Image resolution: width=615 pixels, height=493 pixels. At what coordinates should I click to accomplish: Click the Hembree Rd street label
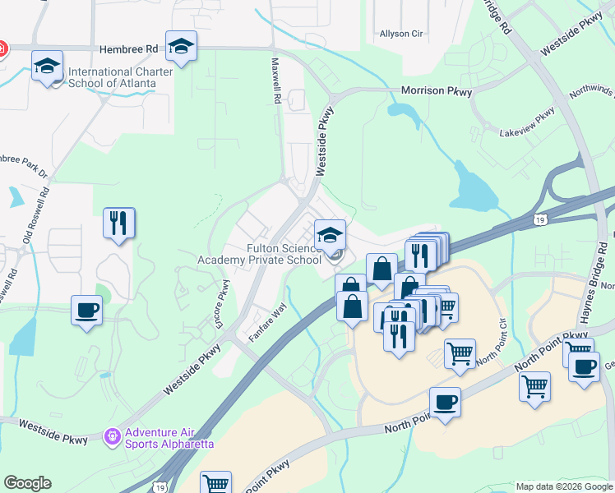[127, 49]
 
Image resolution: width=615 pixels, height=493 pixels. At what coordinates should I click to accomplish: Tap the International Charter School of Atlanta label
[120, 77]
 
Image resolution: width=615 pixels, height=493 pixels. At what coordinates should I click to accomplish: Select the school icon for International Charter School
[48, 66]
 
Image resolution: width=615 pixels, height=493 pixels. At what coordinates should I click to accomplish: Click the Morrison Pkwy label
[436, 91]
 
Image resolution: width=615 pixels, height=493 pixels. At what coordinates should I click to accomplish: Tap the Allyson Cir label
[400, 35]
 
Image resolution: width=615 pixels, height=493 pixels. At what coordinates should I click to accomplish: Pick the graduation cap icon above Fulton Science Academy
[330, 235]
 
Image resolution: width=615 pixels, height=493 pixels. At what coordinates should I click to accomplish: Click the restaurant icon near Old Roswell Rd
[118, 223]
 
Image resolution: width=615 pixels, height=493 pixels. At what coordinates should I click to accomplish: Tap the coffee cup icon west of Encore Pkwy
[86, 311]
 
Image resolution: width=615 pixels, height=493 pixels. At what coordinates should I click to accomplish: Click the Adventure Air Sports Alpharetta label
[169, 438]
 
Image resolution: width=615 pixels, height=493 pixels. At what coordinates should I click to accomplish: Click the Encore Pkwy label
[220, 305]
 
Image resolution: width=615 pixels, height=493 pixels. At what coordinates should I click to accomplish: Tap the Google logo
[27, 483]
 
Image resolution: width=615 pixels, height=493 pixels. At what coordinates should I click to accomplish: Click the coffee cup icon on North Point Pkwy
[445, 403]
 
